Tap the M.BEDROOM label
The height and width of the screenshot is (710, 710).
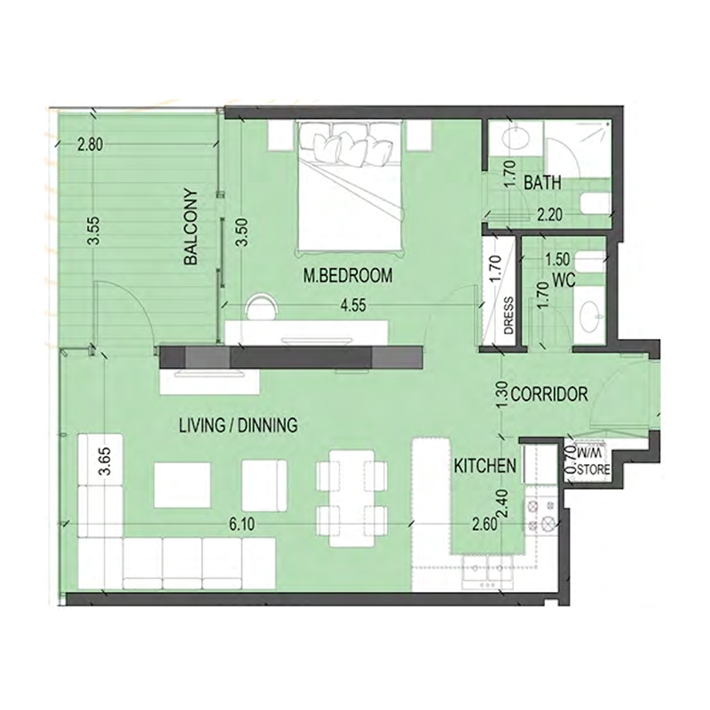point(347,276)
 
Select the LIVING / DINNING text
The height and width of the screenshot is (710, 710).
point(237,425)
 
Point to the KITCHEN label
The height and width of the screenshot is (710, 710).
point(485,466)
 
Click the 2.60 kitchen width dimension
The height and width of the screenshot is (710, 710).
point(484,525)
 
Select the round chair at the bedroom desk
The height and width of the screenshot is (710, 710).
point(261,306)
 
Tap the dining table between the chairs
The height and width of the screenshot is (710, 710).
point(352,497)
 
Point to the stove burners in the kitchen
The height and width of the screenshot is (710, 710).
point(541,516)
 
